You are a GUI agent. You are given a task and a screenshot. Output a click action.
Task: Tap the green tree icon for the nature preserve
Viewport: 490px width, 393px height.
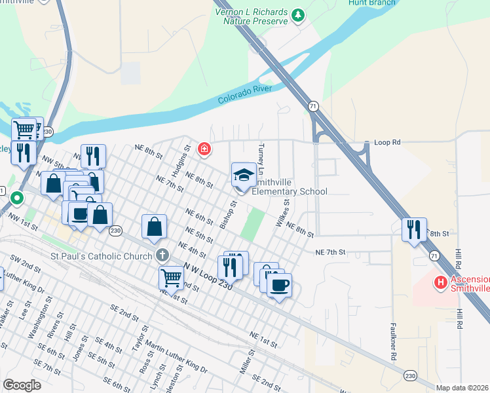click(298, 14)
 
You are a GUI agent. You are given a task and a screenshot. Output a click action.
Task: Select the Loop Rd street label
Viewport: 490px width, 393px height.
click(386, 142)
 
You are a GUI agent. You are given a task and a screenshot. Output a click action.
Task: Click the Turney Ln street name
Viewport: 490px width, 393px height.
click(261, 159)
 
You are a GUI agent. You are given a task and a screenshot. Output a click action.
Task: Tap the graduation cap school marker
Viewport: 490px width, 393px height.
click(244, 175)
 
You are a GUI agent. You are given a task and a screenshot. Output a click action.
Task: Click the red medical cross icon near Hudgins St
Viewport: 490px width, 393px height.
click(204, 149)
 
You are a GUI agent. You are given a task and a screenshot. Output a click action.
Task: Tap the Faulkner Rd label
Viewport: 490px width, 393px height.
click(394, 344)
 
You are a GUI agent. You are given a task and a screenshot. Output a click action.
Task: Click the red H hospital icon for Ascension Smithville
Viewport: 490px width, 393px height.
click(441, 282)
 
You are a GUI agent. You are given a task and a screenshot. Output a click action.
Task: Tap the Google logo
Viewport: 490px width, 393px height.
click(22, 385)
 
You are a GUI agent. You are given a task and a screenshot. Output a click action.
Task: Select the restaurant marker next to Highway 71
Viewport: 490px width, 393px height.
click(414, 229)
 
